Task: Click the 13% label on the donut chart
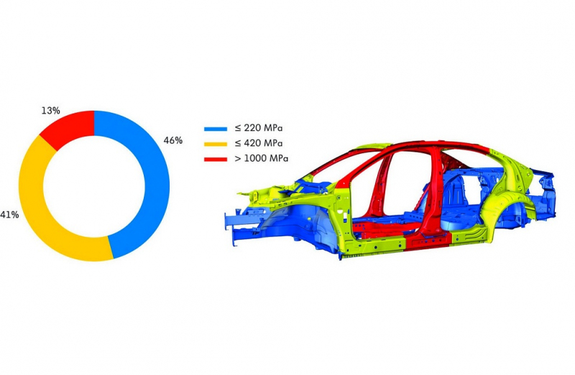[50, 111]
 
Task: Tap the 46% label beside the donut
[173, 140]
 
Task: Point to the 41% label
[9, 215]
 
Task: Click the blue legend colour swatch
[216, 129]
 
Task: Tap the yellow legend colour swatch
[216, 144]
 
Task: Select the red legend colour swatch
[216, 159]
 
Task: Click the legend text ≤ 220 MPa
[259, 129]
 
